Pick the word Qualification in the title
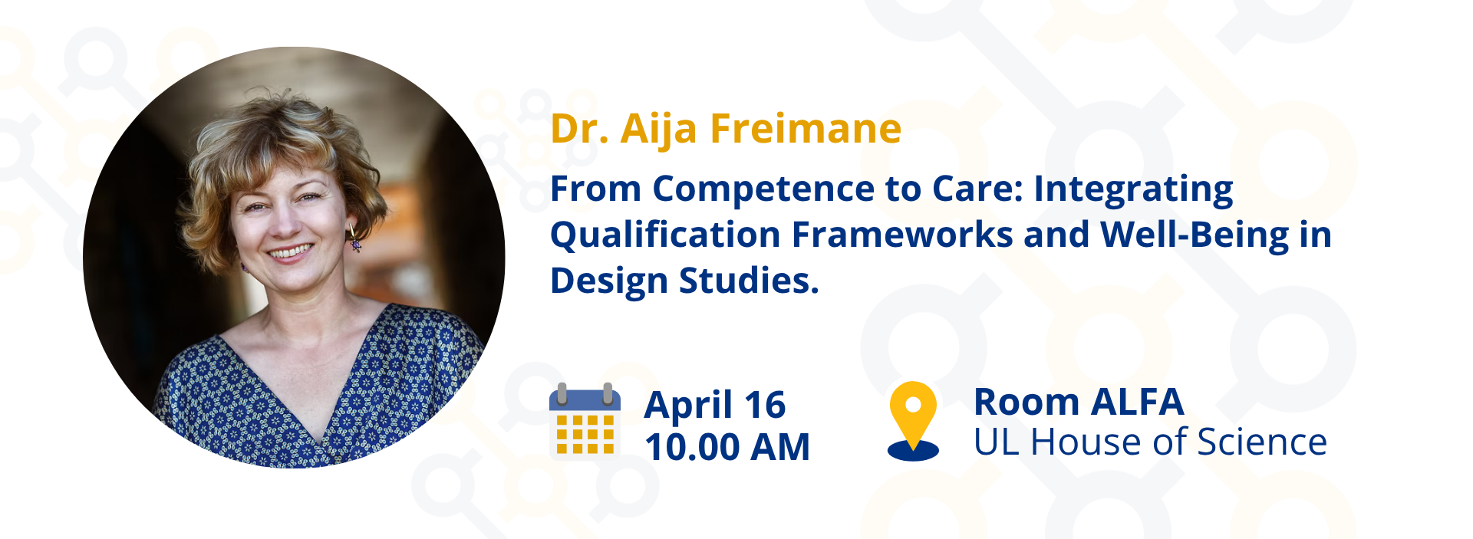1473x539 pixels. tap(665, 235)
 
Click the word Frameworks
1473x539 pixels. tap(902, 235)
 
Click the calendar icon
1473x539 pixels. tap(585, 420)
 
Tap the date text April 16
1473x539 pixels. tap(715, 406)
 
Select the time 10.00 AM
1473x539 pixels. tap(727, 447)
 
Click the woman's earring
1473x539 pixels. tap(354, 240)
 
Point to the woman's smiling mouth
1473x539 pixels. tap(289, 251)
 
